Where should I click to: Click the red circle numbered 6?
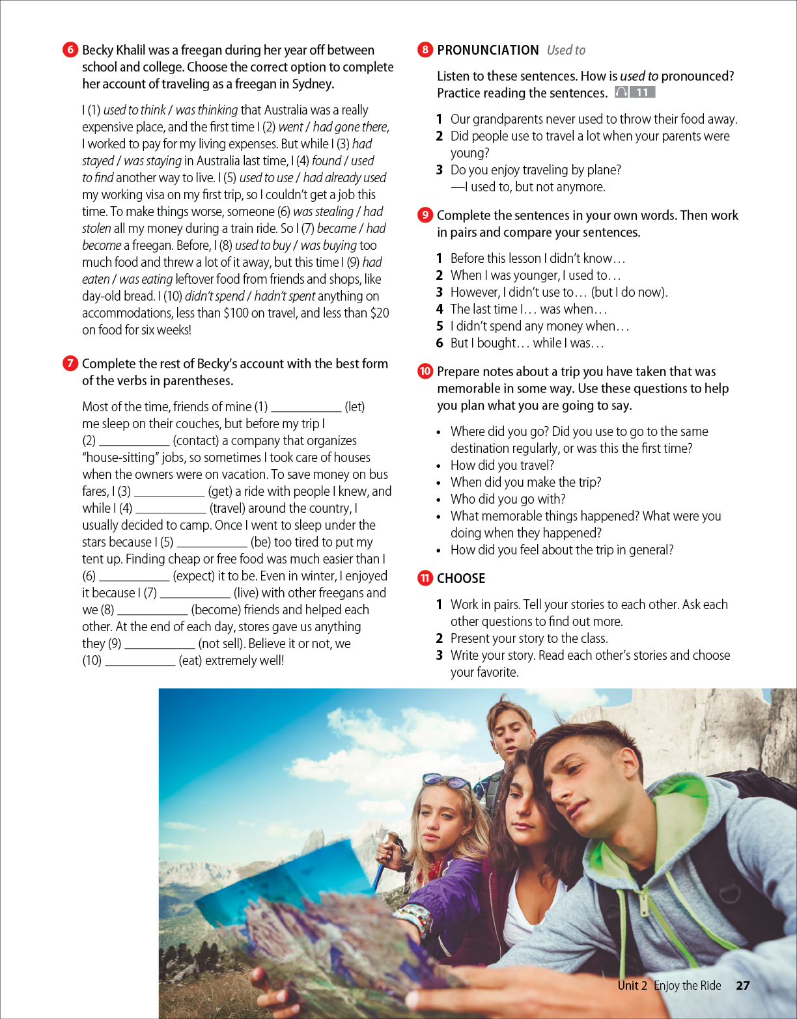point(70,49)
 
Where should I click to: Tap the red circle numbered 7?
point(70,363)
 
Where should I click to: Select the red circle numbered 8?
point(425,49)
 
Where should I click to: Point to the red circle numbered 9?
point(425,215)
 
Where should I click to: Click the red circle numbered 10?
point(425,371)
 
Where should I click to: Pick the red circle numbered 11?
point(425,578)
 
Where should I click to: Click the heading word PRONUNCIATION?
point(488,50)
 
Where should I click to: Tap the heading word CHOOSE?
point(461,578)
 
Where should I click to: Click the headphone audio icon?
point(621,92)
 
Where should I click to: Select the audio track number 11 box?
point(643,92)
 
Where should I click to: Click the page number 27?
point(743,985)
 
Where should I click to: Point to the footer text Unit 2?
point(632,985)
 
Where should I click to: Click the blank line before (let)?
point(306,410)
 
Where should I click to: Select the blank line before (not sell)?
point(160,647)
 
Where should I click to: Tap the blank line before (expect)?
point(134,579)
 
